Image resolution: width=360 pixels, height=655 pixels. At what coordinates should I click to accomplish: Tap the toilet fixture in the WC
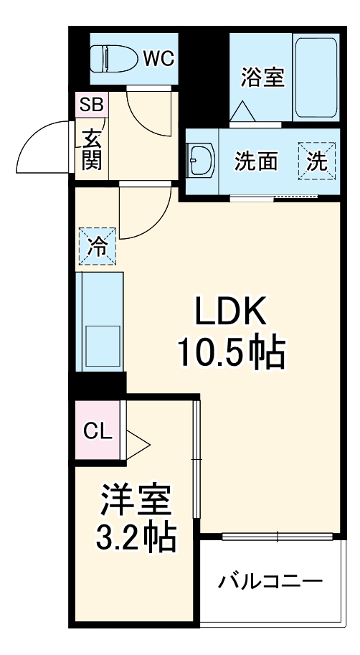point(115,57)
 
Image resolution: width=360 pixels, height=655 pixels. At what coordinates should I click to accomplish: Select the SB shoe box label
point(91,105)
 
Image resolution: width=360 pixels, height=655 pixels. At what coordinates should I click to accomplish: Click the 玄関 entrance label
point(91,149)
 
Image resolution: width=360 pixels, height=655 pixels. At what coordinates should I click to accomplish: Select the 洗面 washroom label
point(256,162)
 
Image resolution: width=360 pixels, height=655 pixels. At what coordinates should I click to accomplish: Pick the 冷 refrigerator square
point(97,246)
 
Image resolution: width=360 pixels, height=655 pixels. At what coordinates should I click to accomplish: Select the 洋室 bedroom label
point(136,500)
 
